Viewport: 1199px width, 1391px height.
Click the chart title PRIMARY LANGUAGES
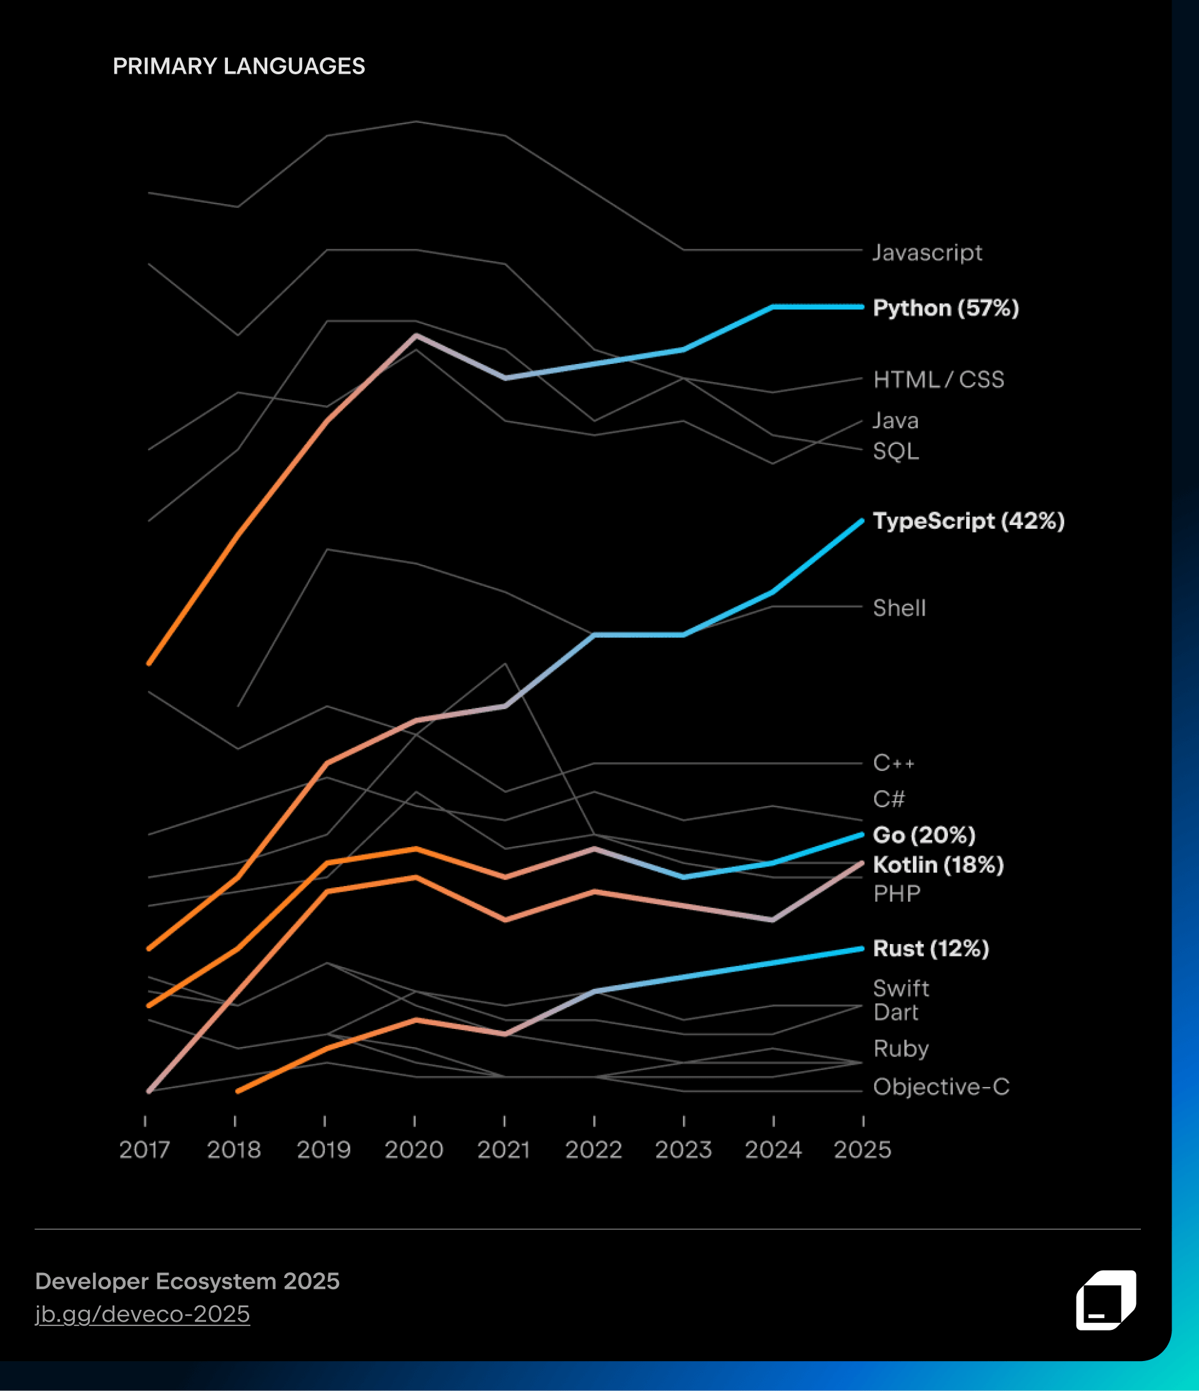tap(239, 66)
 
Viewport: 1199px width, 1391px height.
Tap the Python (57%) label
tap(945, 308)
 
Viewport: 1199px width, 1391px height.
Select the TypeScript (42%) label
tap(968, 521)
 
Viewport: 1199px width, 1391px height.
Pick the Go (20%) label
tap(924, 835)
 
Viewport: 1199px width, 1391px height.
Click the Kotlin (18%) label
tap(938, 865)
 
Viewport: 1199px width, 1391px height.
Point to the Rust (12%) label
tap(930, 948)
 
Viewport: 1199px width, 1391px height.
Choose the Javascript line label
tap(927, 252)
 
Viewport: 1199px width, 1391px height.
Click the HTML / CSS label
tap(939, 380)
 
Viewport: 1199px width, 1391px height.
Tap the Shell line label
tap(899, 608)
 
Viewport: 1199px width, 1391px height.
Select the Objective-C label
tap(941, 1087)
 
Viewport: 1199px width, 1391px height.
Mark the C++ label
tap(894, 764)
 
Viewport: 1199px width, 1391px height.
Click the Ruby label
tap(901, 1049)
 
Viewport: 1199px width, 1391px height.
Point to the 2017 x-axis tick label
tap(144, 1150)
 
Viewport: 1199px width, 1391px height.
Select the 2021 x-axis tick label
tap(503, 1150)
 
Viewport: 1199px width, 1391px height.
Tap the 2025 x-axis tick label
tap(862, 1150)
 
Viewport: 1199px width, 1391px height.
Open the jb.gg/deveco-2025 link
tap(142, 1313)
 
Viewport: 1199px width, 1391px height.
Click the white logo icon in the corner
tap(1106, 1300)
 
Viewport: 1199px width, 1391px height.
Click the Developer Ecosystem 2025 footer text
tap(187, 1281)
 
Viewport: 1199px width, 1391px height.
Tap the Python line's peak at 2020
tap(417, 335)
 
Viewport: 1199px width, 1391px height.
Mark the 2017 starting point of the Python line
tap(149, 663)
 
